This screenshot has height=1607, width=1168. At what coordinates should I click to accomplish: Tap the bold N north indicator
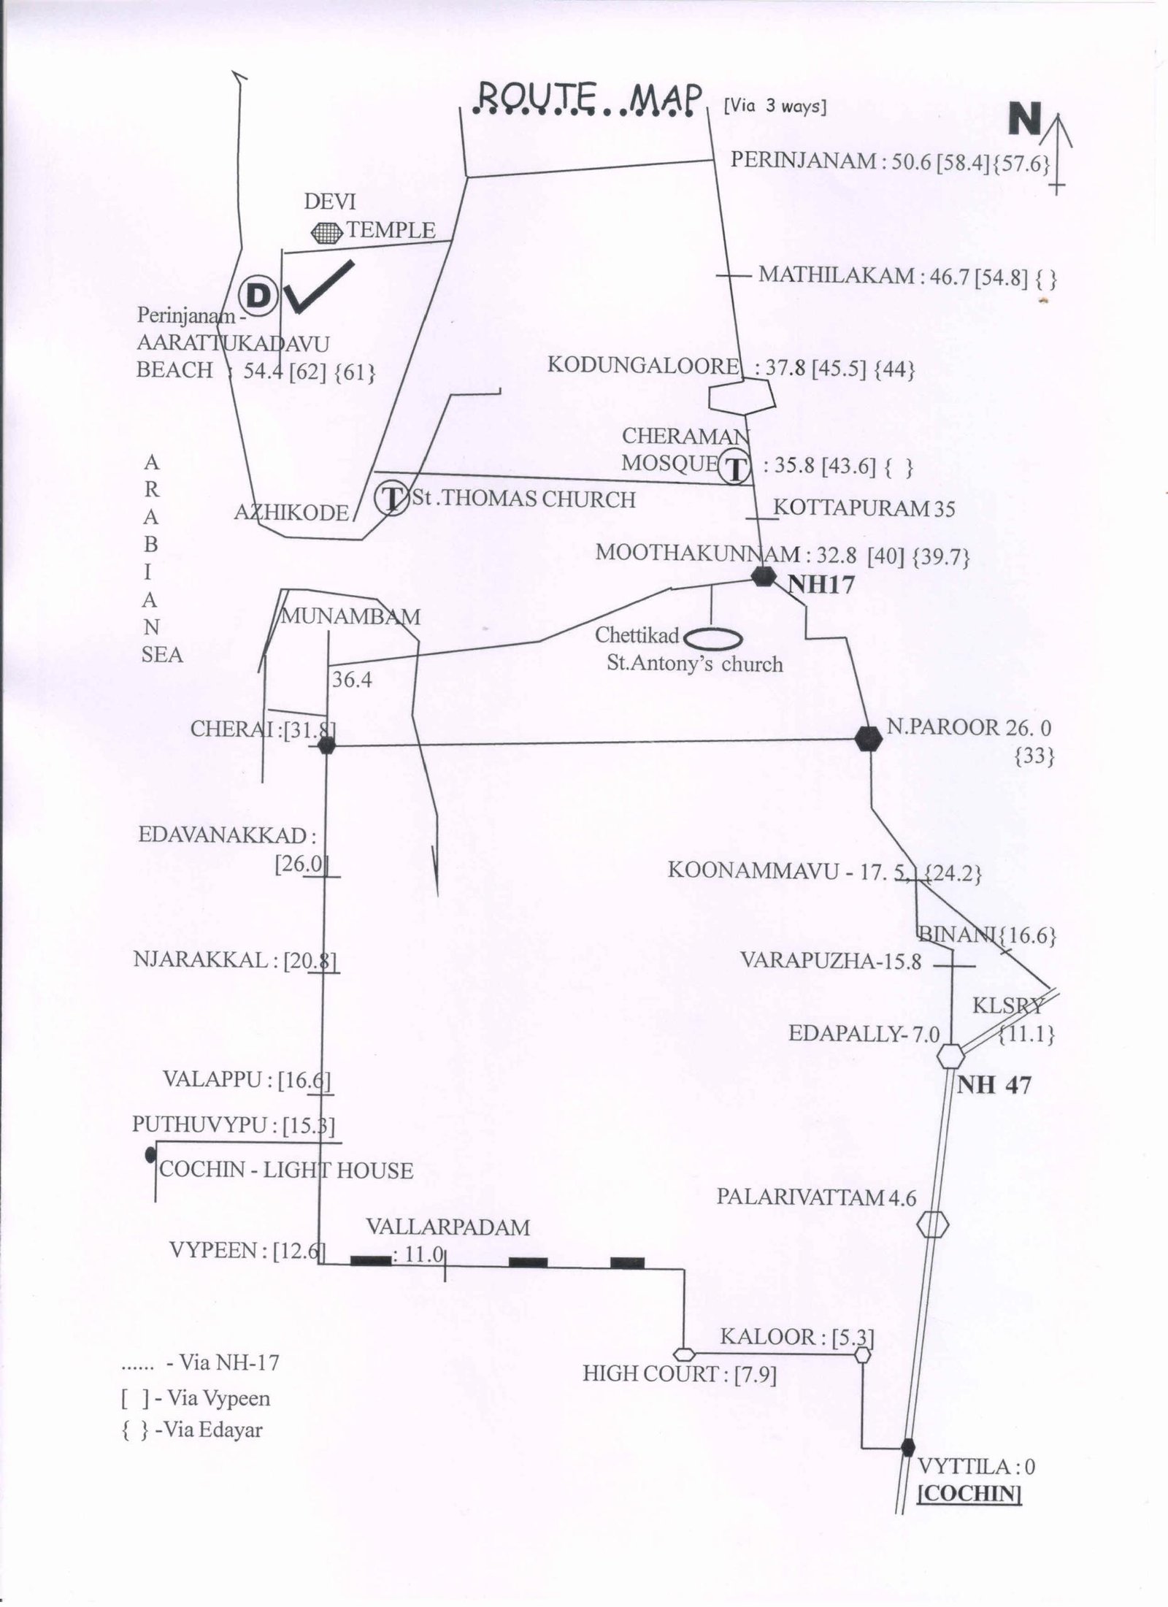click(x=1024, y=118)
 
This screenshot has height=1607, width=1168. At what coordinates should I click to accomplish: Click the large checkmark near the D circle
click(x=318, y=286)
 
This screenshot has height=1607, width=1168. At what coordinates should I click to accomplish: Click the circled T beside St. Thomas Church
click(x=392, y=499)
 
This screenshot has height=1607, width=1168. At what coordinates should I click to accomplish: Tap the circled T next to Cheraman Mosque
click(x=735, y=467)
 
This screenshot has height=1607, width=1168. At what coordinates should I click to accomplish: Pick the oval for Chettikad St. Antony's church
click(x=715, y=639)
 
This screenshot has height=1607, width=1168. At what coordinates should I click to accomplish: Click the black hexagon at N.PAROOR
click(x=868, y=739)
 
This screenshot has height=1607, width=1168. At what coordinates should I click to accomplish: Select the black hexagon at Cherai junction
click(x=326, y=745)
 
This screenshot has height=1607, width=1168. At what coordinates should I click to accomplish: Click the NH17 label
click(x=820, y=584)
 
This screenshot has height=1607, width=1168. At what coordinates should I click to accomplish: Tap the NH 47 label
click(x=994, y=1085)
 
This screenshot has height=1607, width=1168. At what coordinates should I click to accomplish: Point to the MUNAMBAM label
click(x=351, y=617)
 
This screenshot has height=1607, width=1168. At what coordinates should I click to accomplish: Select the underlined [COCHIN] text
click(x=968, y=1491)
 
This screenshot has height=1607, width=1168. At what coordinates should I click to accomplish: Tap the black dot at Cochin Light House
click(x=150, y=1154)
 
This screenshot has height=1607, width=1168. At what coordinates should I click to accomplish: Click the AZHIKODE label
click(x=291, y=513)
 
